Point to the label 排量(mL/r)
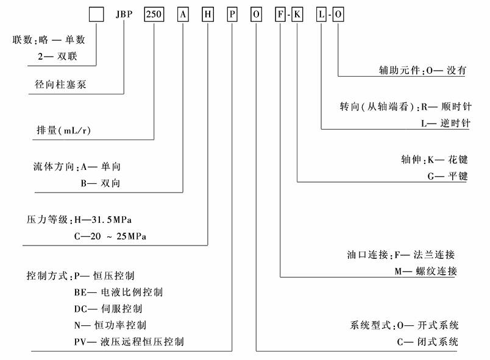[x=63, y=130]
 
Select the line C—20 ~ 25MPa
[x=112, y=235]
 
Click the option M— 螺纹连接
[x=425, y=271]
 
